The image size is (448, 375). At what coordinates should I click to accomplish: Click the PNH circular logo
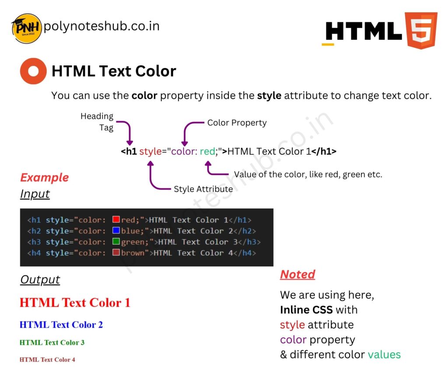tap(27, 29)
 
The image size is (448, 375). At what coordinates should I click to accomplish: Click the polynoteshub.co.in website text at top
tap(101, 26)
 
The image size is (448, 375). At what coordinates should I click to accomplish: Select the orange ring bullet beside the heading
tap(33, 71)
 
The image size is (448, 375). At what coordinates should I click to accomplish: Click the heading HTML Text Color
tap(114, 71)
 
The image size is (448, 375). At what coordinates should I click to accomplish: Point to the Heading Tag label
tap(97, 122)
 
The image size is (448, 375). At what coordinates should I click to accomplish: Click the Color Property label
tap(237, 123)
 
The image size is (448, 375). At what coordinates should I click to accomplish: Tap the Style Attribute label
tap(203, 189)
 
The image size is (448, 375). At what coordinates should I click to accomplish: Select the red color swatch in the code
tap(116, 220)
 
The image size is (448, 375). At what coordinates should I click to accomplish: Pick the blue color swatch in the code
tap(116, 231)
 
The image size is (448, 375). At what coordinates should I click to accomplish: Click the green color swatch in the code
tap(116, 241)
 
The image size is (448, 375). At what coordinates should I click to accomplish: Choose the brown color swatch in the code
tap(116, 252)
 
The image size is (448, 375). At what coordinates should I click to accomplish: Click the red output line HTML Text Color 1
tap(75, 303)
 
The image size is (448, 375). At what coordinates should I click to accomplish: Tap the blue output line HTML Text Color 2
tap(61, 325)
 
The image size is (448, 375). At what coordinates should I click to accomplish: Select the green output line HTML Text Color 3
tap(52, 343)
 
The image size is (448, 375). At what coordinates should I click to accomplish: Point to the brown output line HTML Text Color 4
tap(47, 360)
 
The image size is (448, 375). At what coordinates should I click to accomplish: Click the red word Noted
tap(297, 274)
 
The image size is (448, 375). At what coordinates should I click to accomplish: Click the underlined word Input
tap(35, 193)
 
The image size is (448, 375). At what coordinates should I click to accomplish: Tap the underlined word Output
tap(40, 279)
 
